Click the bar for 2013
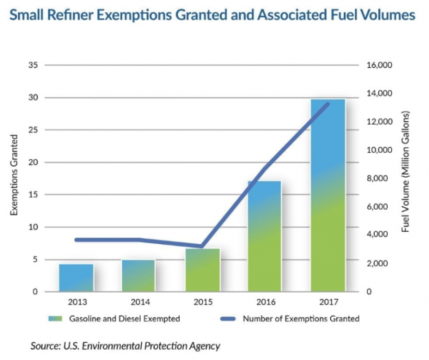pyautogui.click(x=76, y=278)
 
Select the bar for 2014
pyautogui.click(x=139, y=276)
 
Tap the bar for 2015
pyautogui.click(x=202, y=270)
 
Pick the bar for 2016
pyautogui.click(x=265, y=237)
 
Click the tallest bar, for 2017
pyautogui.click(x=327, y=195)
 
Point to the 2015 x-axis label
pyautogui.click(x=202, y=302)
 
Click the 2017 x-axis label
pyautogui.click(x=327, y=302)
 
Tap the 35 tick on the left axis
pyautogui.click(x=32, y=66)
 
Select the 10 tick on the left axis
pyautogui.click(x=32, y=227)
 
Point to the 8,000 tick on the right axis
pyautogui.click(x=380, y=179)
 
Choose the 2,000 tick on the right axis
pyautogui.click(x=380, y=264)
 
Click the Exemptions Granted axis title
pyautogui.click(x=14, y=178)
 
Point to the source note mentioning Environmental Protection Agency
pyautogui.click(x=125, y=346)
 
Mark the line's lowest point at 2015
pyautogui.click(x=202, y=246)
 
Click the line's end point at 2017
pyautogui.click(x=327, y=104)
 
